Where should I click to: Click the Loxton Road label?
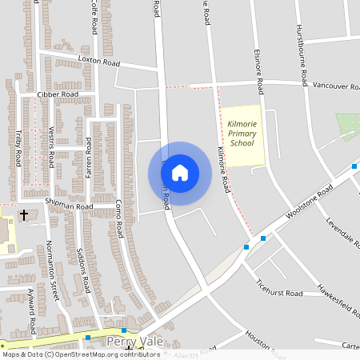(98, 62)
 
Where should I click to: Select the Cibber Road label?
(58, 94)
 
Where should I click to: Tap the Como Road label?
(118, 218)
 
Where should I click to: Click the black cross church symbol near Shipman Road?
(23, 215)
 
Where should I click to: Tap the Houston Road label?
(260, 340)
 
